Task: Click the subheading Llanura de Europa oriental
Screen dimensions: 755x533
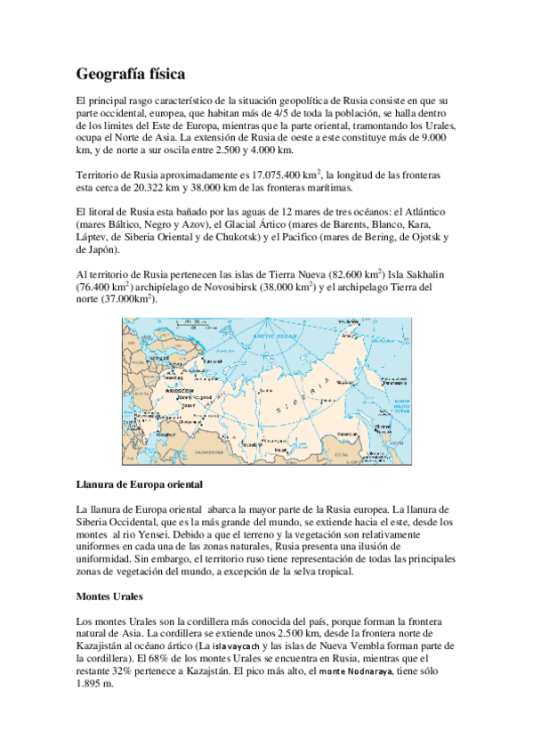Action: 140,484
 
